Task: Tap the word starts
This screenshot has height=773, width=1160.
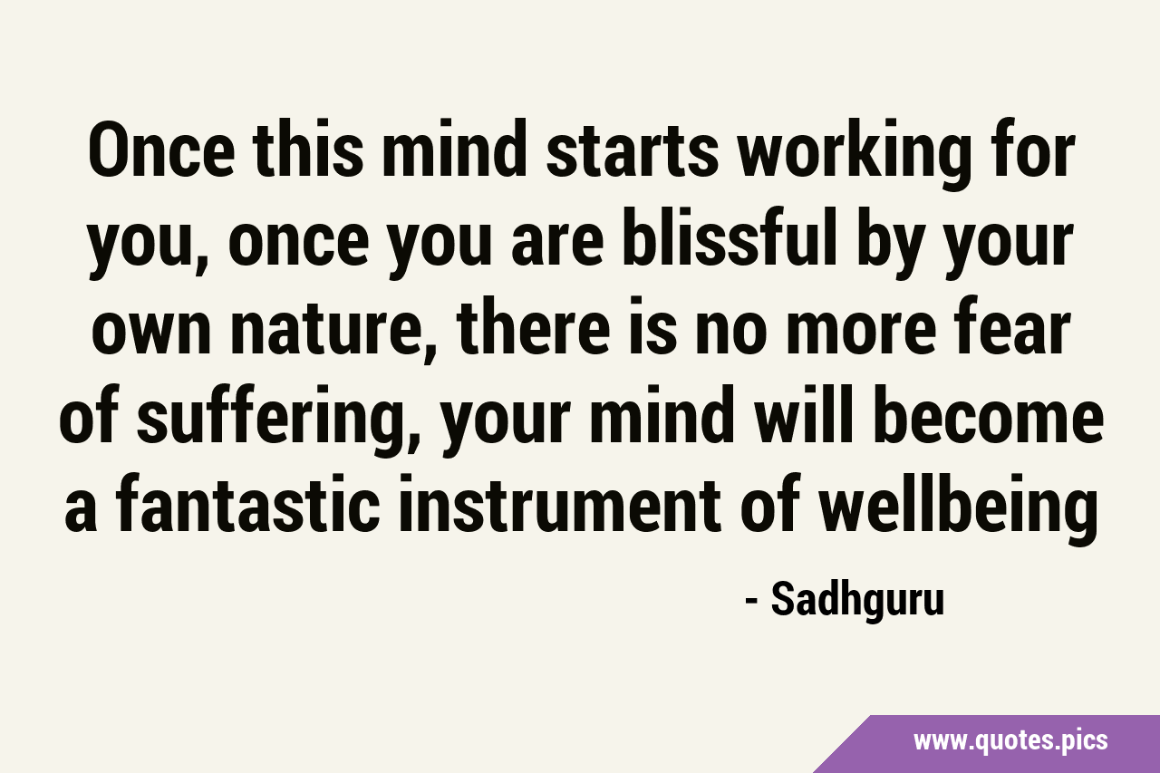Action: pos(633,150)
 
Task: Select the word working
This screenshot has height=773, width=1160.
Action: pos(855,155)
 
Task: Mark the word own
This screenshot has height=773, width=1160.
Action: pos(154,332)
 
